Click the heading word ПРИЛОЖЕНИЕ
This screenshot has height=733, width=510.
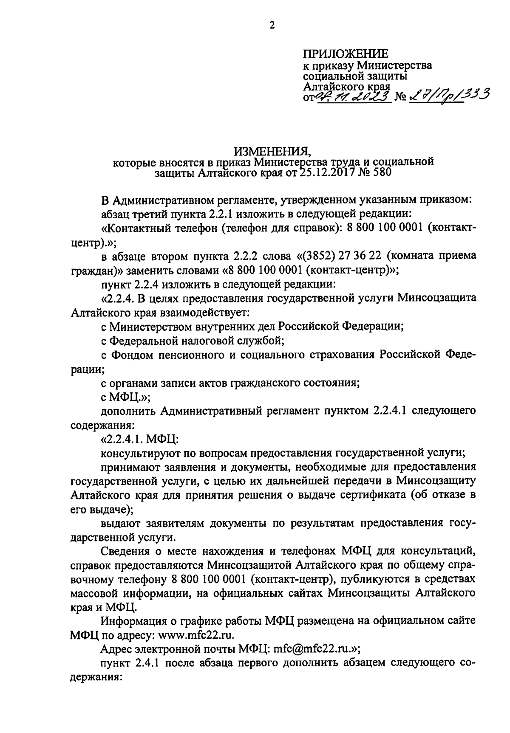pos(345,54)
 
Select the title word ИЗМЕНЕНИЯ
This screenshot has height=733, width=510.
pos(273,151)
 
